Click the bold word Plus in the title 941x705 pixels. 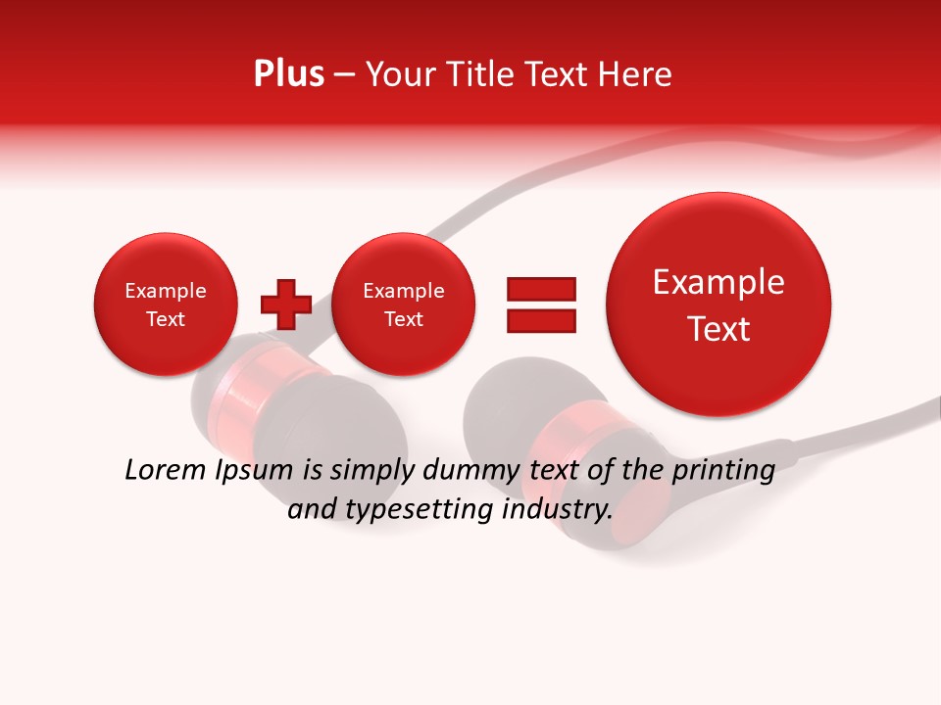tap(288, 74)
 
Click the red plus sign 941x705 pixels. tap(285, 305)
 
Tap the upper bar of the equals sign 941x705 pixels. tap(540, 288)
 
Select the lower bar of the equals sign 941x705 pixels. tap(540, 320)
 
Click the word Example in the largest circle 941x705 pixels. tap(718, 282)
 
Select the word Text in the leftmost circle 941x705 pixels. tap(165, 319)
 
